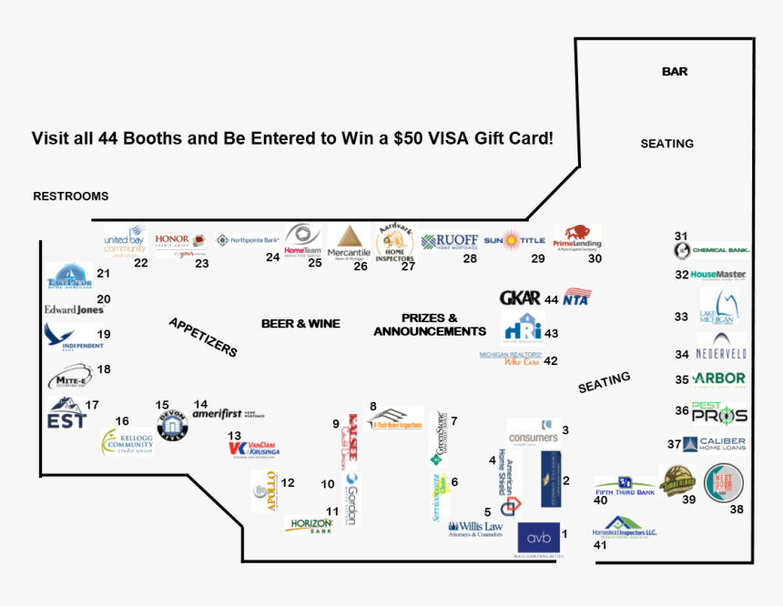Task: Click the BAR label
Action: (x=675, y=71)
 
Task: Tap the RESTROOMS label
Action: (x=70, y=196)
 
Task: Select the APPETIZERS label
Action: (x=202, y=337)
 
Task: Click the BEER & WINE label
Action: (x=300, y=323)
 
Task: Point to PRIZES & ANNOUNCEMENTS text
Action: (x=429, y=325)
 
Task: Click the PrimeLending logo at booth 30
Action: (x=577, y=237)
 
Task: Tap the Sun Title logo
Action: (x=514, y=241)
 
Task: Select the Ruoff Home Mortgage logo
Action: (x=450, y=241)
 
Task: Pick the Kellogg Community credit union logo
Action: (x=127, y=442)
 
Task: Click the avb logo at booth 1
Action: (x=538, y=537)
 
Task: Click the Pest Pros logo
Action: (x=719, y=413)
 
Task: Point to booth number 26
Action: (x=361, y=266)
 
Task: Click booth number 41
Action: (x=600, y=545)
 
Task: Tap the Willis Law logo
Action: (x=475, y=528)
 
